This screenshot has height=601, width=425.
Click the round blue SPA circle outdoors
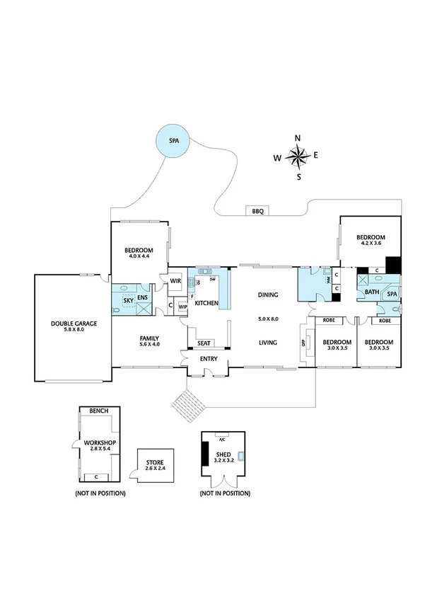(x=174, y=141)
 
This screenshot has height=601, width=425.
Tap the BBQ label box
(x=255, y=211)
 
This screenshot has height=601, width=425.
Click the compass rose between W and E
(x=298, y=156)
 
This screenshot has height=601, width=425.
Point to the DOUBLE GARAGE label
(x=74, y=324)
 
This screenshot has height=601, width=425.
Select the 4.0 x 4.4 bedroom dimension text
(x=139, y=256)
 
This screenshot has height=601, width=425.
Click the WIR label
(x=176, y=281)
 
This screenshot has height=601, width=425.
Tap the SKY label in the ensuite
(x=128, y=300)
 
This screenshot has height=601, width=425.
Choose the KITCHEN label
(x=206, y=303)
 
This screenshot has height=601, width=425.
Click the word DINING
(x=267, y=296)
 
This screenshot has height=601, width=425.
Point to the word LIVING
(x=267, y=343)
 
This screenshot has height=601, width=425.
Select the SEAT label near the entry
(x=204, y=343)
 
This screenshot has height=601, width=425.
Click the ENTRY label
(x=209, y=360)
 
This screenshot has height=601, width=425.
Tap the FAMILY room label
(x=149, y=338)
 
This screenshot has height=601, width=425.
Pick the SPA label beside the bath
(x=391, y=293)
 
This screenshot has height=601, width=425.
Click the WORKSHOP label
(x=100, y=442)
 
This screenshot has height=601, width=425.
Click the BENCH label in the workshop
(x=99, y=411)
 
